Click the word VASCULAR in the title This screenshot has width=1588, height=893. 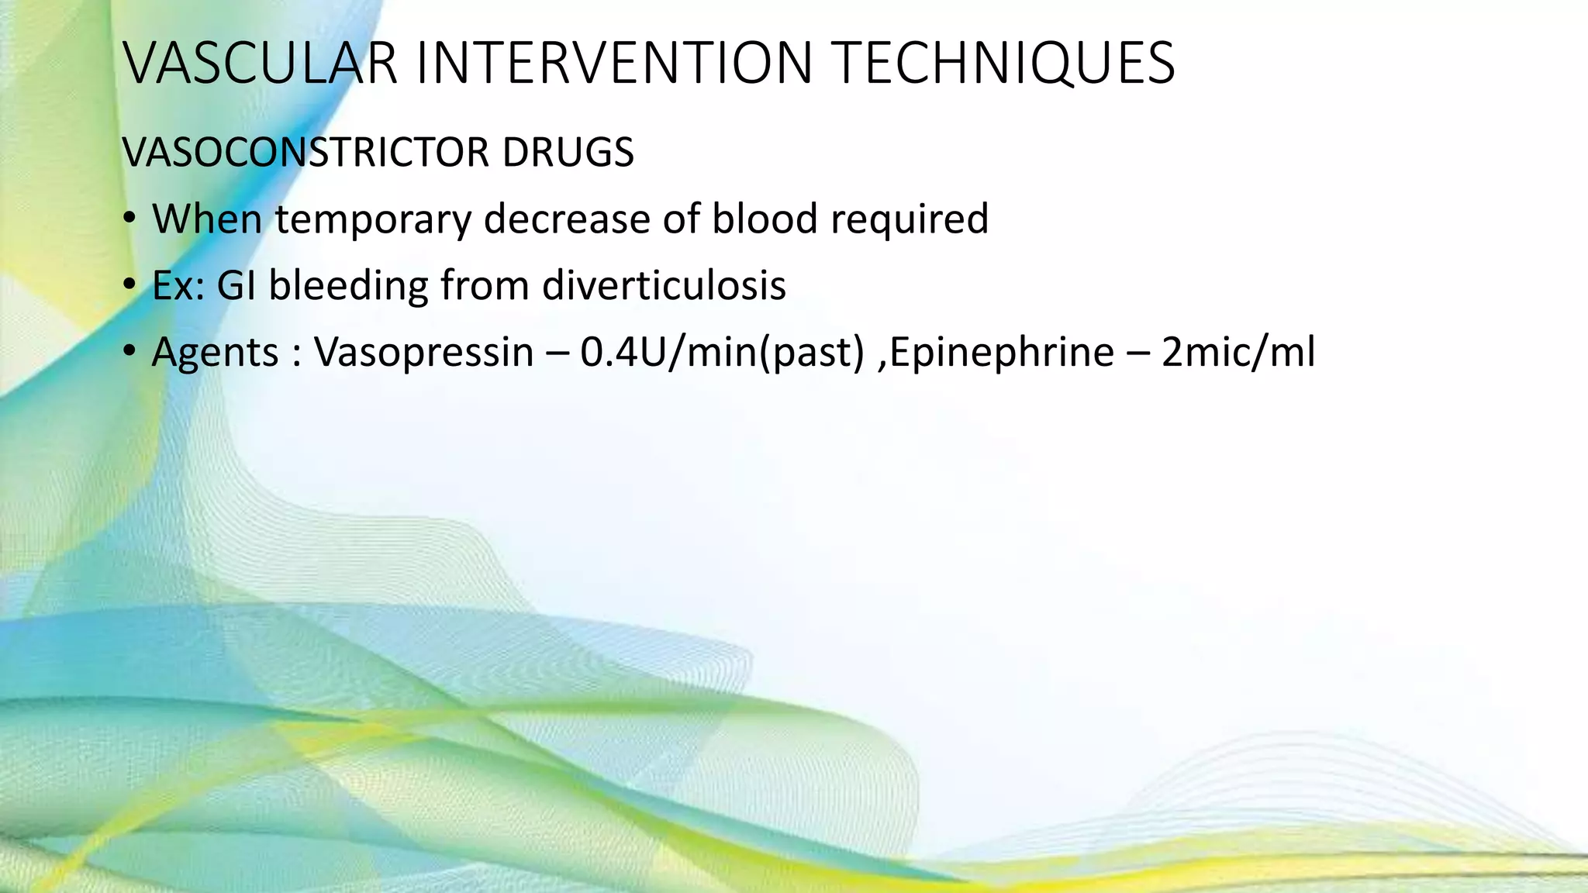(x=261, y=64)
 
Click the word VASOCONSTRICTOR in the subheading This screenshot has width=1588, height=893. (x=306, y=152)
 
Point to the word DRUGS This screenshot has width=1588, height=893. (x=568, y=152)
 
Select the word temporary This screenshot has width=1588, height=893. (x=373, y=219)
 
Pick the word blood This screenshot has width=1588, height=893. (x=765, y=219)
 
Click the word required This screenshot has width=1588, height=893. (x=910, y=219)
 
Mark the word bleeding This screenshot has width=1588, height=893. (x=348, y=286)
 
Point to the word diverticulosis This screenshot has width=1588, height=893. (x=664, y=286)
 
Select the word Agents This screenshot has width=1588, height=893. (x=215, y=353)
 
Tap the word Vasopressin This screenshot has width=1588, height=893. (x=423, y=353)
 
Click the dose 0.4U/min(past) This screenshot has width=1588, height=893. (x=722, y=353)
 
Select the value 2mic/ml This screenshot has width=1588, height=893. (x=1238, y=353)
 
